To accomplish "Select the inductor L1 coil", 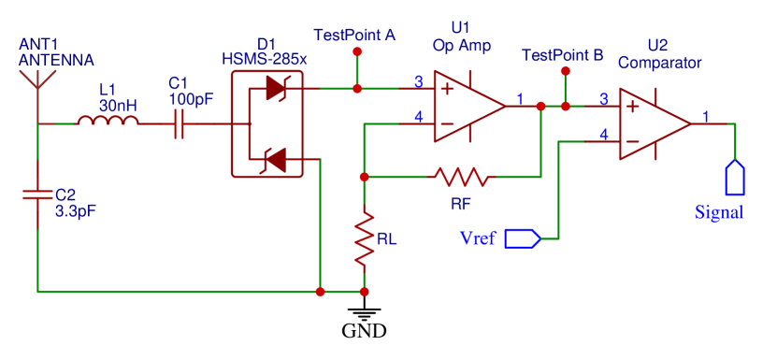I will [107, 122].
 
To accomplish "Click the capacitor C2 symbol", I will [37, 195].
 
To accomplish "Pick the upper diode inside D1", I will [275, 89].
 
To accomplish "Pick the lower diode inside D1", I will [275, 160].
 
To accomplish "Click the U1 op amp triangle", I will [468, 106].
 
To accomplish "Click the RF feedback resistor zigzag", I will [459, 176].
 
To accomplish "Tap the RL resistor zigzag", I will [364, 240].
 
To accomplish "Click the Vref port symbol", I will [523, 238].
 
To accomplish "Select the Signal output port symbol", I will [735, 177].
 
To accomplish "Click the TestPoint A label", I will [354, 35].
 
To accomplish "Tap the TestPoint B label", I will [562, 55].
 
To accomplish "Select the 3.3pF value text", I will [76, 210].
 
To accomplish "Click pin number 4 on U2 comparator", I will [603, 135].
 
